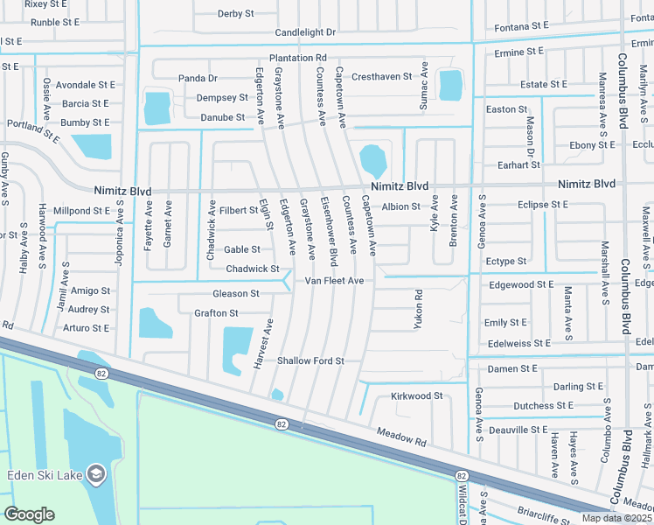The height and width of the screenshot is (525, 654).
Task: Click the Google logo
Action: point(29,514)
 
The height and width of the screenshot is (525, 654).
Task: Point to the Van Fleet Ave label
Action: point(334,281)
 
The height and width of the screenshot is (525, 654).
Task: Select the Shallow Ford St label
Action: point(310,360)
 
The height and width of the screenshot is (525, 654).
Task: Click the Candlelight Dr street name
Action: point(305,32)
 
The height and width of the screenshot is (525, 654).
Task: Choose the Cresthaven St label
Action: point(382,77)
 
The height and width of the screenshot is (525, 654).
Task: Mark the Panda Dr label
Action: point(198,78)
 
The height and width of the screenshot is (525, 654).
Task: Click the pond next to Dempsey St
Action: point(157,108)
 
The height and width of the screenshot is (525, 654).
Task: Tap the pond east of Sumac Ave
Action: point(449,85)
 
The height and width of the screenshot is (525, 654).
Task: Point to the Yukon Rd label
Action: point(418,309)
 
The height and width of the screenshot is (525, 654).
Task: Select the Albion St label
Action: point(401,206)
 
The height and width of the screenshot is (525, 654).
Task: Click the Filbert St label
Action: point(239,210)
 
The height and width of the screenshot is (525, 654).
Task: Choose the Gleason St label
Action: point(235,293)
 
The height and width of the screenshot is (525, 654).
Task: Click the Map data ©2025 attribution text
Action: point(616,518)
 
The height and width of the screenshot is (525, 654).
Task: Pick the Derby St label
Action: point(235,14)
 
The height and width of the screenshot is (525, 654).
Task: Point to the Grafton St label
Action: point(216,313)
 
